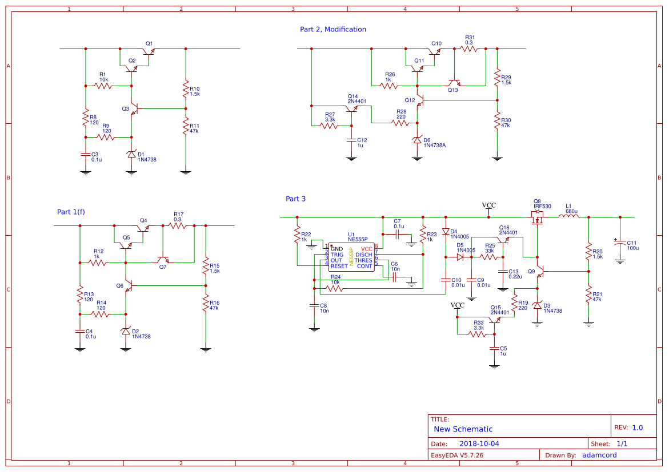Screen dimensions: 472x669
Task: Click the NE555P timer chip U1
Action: tap(351, 257)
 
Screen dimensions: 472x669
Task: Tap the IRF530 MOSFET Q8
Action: tap(537, 216)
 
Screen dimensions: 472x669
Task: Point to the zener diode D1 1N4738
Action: tap(131, 154)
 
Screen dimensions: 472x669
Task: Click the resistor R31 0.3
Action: tap(469, 50)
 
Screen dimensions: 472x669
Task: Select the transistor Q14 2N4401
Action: tap(352, 108)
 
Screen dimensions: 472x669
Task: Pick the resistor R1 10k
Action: tap(103, 86)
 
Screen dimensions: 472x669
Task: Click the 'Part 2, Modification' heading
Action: tap(333, 29)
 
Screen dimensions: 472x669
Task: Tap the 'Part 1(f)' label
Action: tap(71, 212)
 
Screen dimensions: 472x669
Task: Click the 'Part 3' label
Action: tap(295, 199)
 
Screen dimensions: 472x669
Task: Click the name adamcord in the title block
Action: tap(599, 455)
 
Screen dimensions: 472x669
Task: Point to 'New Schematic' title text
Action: tap(463, 429)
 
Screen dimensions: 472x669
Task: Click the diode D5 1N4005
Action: tap(459, 257)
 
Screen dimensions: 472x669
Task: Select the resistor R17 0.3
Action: tap(178, 226)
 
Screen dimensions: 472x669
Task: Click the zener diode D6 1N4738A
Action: tap(417, 140)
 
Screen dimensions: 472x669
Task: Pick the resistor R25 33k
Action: tap(489, 257)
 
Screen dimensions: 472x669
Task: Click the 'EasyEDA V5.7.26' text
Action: tap(456, 455)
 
